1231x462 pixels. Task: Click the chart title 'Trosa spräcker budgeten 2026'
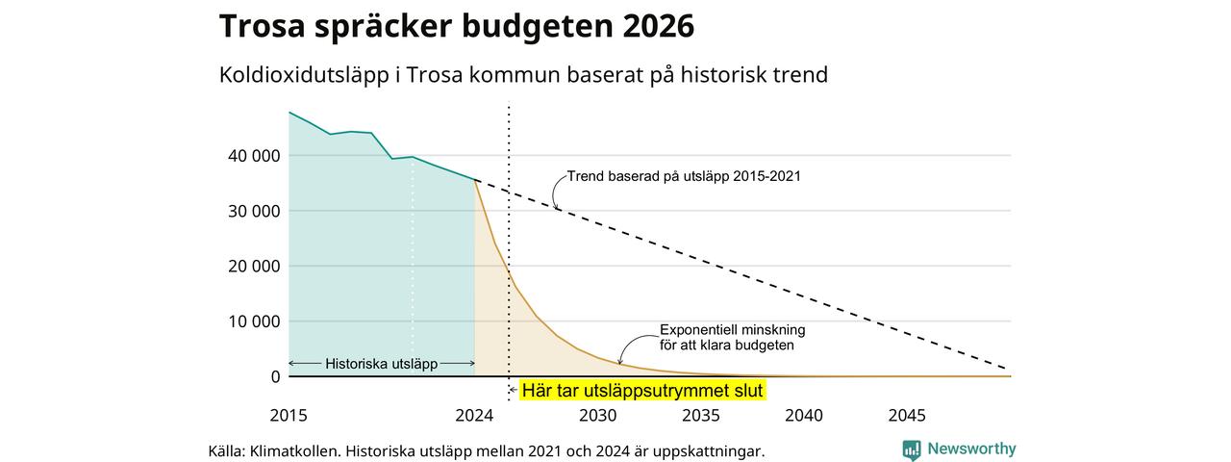click(x=457, y=26)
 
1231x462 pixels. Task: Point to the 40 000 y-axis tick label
click(x=254, y=156)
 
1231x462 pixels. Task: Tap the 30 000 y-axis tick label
click(x=254, y=211)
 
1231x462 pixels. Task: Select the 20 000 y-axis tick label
click(x=254, y=267)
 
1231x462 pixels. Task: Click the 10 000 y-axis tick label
click(x=254, y=321)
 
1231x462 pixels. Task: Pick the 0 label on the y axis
click(x=275, y=376)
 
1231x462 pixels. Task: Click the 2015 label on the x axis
click(x=289, y=415)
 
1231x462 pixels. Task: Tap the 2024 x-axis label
click(x=474, y=415)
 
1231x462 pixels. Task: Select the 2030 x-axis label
click(x=598, y=415)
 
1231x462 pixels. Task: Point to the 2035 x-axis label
click(x=701, y=415)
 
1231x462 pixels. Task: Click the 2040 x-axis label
click(x=804, y=415)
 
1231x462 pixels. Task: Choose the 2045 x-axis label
click(x=907, y=415)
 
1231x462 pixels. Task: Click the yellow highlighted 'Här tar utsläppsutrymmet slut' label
click(x=642, y=391)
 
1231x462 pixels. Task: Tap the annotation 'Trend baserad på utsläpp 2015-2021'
click(x=684, y=176)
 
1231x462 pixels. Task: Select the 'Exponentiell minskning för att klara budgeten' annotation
click(x=733, y=338)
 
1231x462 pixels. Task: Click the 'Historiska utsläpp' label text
click(x=382, y=364)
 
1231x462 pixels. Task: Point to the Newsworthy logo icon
click(x=912, y=449)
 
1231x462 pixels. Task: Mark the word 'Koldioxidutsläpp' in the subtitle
click(x=304, y=75)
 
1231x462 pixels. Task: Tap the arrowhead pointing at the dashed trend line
click(x=557, y=208)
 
